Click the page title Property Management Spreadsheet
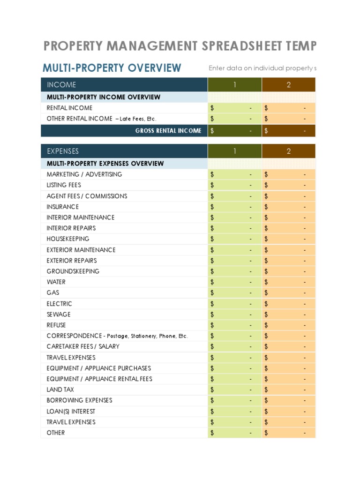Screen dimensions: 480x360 [x=180, y=46]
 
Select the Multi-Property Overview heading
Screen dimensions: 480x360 [x=112, y=68]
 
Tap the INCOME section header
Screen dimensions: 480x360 [x=61, y=85]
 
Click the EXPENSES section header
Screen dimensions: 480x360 [x=63, y=151]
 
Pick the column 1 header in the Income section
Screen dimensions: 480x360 [x=234, y=85]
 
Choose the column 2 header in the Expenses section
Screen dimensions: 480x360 [x=289, y=151]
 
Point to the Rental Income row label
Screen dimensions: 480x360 [x=69, y=108]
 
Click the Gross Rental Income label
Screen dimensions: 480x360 [x=168, y=131]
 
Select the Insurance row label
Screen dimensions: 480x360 [x=63, y=207]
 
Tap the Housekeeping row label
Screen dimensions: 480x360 [x=67, y=239]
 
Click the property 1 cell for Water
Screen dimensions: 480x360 [x=234, y=282]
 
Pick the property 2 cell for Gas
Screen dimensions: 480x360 [x=289, y=293]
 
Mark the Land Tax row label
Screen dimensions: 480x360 [x=60, y=390]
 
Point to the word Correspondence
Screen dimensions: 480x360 [x=74, y=336]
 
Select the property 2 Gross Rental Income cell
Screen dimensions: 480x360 [x=289, y=131]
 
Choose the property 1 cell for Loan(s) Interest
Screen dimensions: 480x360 [x=234, y=412]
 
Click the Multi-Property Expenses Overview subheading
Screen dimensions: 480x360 [x=105, y=164]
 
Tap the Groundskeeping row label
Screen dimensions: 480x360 [x=73, y=271]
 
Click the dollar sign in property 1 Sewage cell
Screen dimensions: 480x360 [x=212, y=315]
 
